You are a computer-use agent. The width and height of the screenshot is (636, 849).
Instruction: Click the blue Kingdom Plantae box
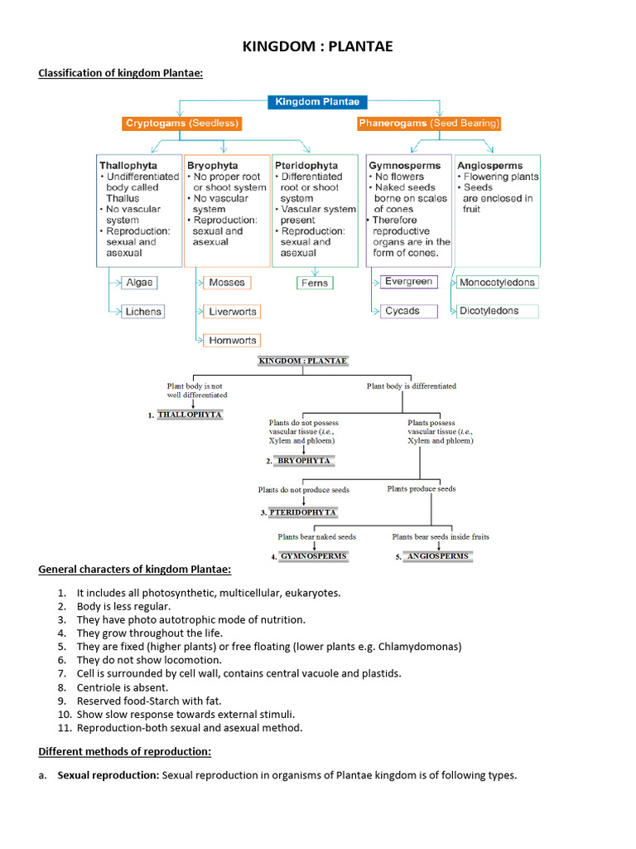(317, 102)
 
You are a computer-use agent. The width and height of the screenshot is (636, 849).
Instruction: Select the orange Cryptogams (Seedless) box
(182, 124)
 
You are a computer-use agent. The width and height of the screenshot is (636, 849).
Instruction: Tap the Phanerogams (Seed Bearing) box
(430, 124)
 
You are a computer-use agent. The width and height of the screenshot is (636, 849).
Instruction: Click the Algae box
(140, 283)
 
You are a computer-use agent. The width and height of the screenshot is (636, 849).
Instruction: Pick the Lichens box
(143, 312)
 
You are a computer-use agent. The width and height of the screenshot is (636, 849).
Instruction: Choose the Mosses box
(227, 283)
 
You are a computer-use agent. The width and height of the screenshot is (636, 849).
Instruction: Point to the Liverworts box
(233, 312)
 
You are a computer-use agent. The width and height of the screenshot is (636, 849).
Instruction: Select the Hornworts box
(233, 340)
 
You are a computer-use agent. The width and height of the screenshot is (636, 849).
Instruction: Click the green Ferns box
(315, 283)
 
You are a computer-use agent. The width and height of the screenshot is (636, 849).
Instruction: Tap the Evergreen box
(408, 282)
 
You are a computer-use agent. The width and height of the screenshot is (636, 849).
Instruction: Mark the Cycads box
(402, 311)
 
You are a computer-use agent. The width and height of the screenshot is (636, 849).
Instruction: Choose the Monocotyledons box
(497, 283)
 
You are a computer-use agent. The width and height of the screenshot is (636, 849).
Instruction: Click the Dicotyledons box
(489, 311)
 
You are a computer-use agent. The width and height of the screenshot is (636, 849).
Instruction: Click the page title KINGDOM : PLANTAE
(318, 47)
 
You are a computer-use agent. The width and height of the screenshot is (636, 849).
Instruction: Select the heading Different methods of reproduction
(125, 752)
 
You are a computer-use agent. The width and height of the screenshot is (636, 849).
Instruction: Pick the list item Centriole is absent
(123, 687)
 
